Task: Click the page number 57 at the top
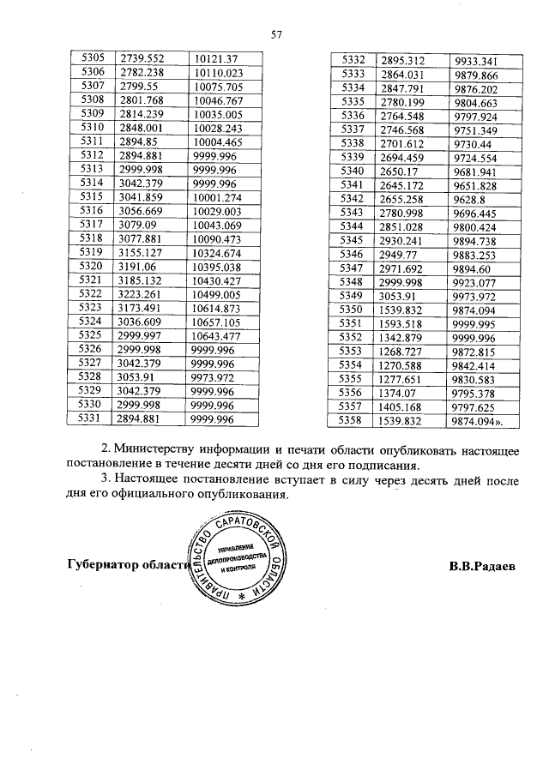tap(276, 35)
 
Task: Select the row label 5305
tap(92, 57)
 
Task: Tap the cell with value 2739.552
tap(142, 57)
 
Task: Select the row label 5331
tap(92, 418)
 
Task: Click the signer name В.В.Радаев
tap(482, 566)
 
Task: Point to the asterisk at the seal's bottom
tap(241, 595)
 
